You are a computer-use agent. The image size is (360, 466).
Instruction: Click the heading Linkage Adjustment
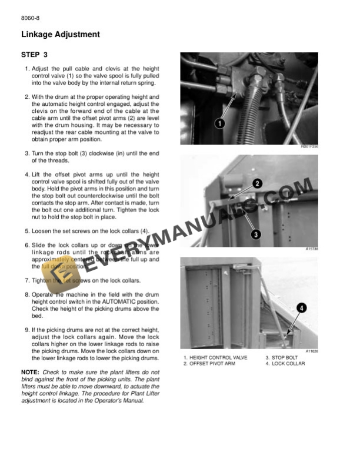click(x=60, y=35)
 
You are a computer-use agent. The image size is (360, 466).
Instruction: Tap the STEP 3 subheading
click(x=34, y=55)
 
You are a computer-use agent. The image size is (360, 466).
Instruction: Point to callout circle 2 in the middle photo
click(x=257, y=184)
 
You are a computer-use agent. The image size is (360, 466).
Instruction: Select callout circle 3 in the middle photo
click(x=256, y=234)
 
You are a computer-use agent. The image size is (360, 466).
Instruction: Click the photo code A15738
click(x=311, y=249)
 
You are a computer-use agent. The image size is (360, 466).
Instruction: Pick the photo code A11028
click(x=311, y=351)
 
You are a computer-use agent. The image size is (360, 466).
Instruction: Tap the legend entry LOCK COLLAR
click(x=285, y=364)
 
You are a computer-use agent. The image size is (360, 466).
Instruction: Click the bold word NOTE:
click(x=30, y=372)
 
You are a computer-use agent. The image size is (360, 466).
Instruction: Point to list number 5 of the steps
click(x=27, y=232)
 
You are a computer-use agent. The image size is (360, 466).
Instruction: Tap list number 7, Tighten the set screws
click(x=27, y=281)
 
